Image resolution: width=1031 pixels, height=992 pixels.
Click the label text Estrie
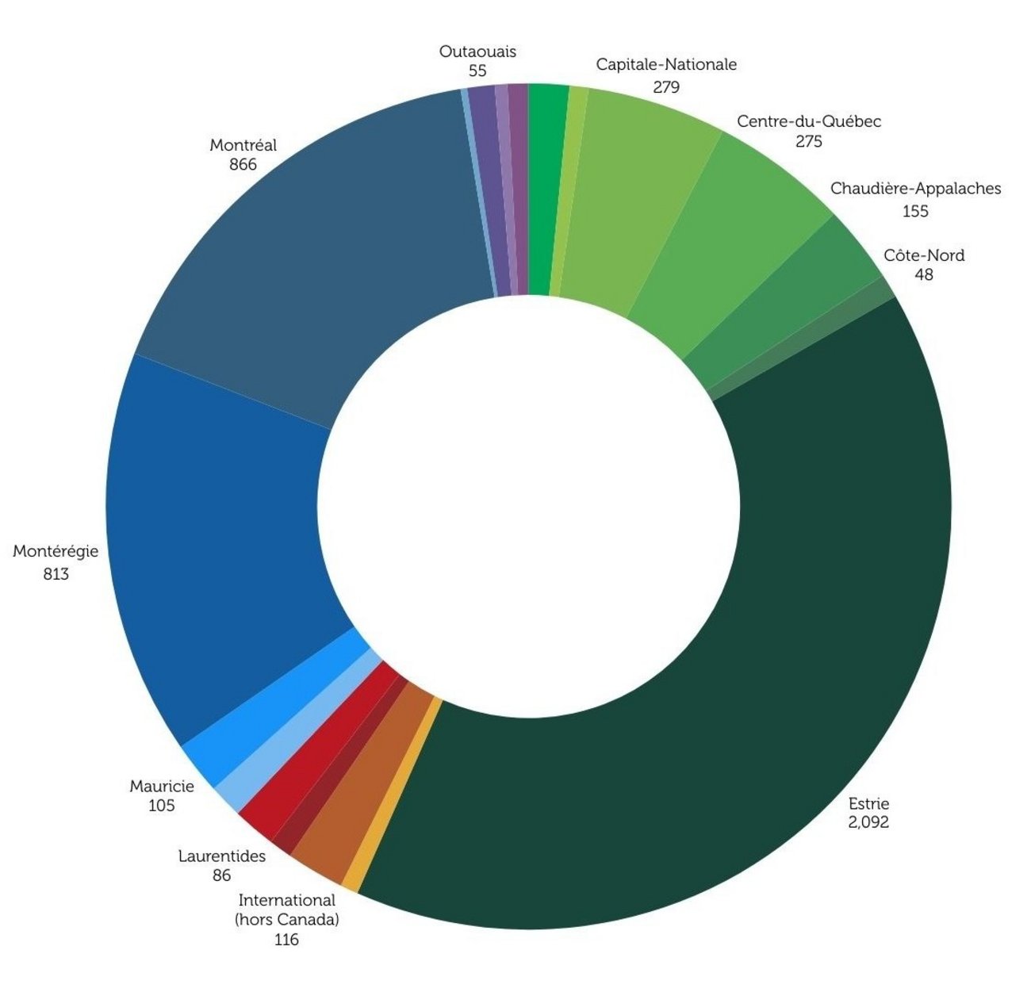[868, 803]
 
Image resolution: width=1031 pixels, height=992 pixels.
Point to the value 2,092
[868, 822]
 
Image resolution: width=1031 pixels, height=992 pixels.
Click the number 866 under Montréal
[243, 165]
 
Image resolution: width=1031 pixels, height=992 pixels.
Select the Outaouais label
[477, 52]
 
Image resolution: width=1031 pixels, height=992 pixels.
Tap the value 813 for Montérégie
[56, 574]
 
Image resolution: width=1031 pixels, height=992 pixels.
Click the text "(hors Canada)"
[287, 920]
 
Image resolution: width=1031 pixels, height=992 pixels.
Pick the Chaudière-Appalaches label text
[915, 189]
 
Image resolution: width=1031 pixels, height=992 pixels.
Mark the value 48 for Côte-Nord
[923, 275]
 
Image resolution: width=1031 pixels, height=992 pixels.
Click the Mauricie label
[162, 787]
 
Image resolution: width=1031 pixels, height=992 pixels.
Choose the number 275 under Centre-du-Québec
[808, 142]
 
